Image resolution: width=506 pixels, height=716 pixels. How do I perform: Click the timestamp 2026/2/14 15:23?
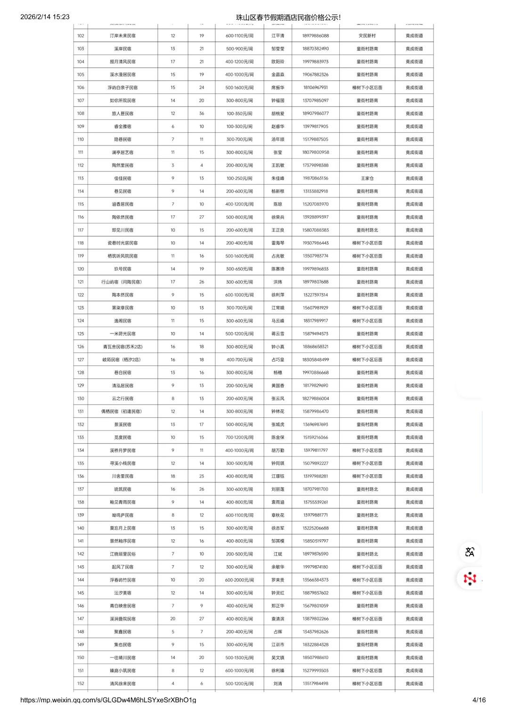pyautogui.click(x=45, y=17)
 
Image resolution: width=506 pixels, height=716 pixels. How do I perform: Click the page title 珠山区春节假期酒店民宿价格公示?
pyautogui.click(x=288, y=17)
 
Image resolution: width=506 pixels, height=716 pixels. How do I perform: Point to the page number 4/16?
pyautogui.click(x=479, y=700)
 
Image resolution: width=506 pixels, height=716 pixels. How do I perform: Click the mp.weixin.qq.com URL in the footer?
pyautogui.click(x=108, y=700)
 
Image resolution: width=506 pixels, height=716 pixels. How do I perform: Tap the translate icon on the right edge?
pyautogui.click(x=469, y=552)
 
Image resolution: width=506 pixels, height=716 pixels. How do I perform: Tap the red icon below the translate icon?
pyautogui.click(x=469, y=578)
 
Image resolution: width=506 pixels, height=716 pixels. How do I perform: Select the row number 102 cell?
pyautogui.click(x=81, y=36)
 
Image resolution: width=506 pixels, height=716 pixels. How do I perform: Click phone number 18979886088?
pyautogui.click(x=316, y=36)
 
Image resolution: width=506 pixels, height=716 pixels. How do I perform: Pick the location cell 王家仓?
pyautogui.click(x=367, y=179)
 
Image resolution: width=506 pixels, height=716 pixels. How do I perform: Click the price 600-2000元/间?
pyautogui.click(x=239, y=580)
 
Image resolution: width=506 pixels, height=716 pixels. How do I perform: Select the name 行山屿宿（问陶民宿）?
pyautogui.click(x=122, y=282)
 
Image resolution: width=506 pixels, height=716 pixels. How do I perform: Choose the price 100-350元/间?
pyautogui.click(x=239, y=114)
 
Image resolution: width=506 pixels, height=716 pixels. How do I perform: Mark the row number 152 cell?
pyautogui.click(x=81, y=683)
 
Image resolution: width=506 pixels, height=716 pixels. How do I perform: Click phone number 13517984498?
pyautogui.click(x=316, y=683)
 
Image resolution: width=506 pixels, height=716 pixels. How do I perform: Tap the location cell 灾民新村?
pyautogui.click(x=367, y=36)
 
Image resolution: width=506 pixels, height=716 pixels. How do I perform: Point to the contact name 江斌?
pyautogui.click(x=278, y=554)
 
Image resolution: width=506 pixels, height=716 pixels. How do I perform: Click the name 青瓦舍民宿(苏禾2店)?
pyautogui.click(x=122, y=347)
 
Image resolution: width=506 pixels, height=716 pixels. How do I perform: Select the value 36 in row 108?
pyautogui.click(x=202, y=114)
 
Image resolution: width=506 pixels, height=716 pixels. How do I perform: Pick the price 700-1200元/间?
pyautogui.click(x=239, y=438)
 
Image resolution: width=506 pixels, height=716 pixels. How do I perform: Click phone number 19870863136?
pyautogui.click(x=316, y=179)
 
